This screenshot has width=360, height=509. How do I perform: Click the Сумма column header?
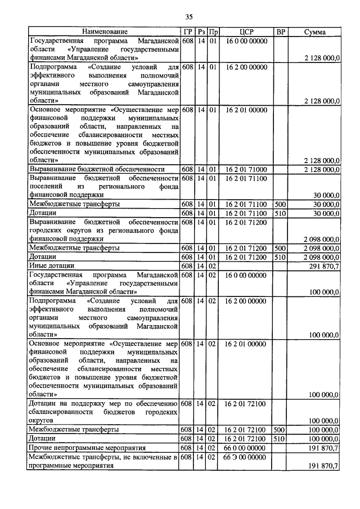coord(314,32)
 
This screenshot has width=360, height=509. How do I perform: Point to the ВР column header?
coord(280,32)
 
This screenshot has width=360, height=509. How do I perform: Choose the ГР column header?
coord(188,32)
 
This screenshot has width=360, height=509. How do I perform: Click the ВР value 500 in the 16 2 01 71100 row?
coord(280,204)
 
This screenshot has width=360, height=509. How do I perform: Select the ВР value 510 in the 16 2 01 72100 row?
coord(280,438)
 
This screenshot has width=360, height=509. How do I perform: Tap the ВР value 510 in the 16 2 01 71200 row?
coord(280,256)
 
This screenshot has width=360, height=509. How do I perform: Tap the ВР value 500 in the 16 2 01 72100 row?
coord(280,429)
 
